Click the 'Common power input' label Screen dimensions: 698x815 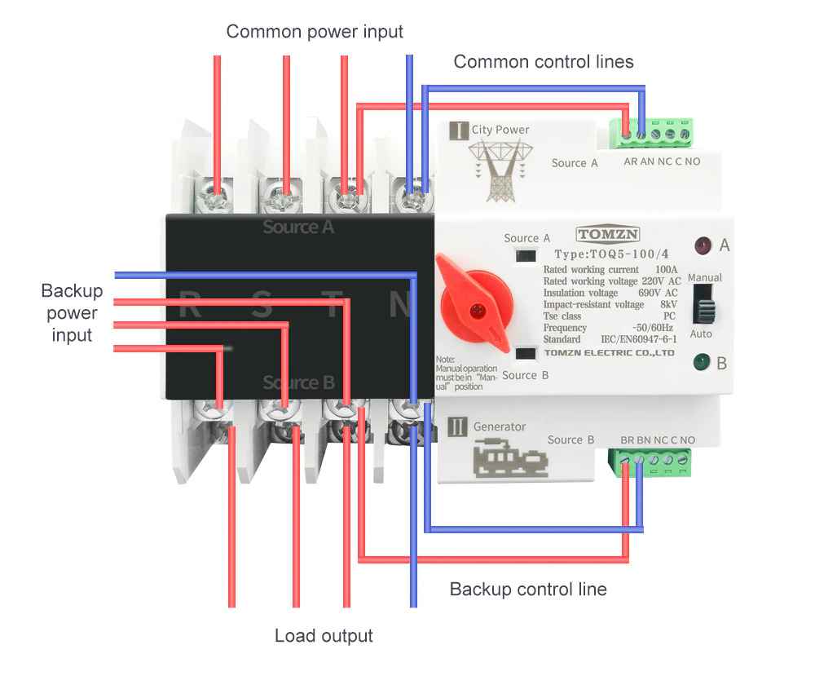coord(315,32)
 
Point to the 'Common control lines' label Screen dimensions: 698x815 coord(543,62)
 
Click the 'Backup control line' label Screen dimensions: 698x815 coord(528,589)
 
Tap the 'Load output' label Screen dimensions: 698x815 coord(324,636)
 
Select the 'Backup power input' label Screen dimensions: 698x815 coord(72,313)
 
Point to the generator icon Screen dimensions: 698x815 coord(510,460)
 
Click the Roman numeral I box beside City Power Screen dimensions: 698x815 coord(459,130)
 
